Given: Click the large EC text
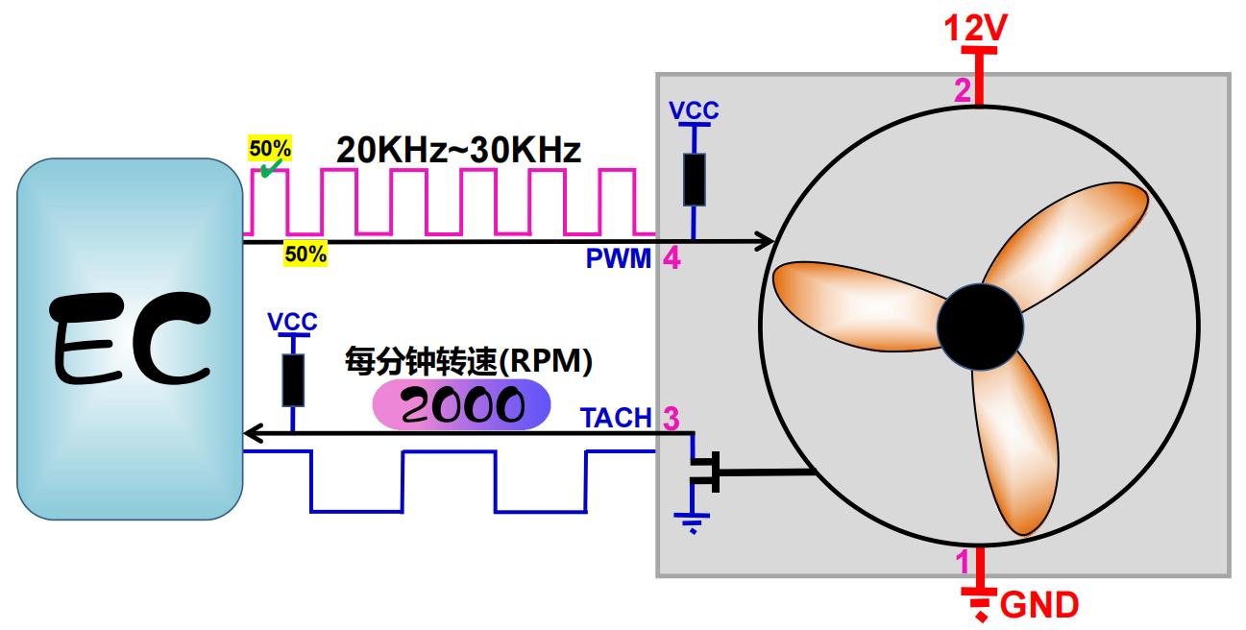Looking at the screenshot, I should pyautogui.click(x=129, y=338).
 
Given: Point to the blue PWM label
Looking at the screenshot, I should pyautogui.click(x=619, y=258).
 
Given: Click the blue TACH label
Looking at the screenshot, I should pyautogui.click(x=616, y=419).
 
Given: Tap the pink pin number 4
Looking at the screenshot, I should pyautogui.click(x=672, y=258).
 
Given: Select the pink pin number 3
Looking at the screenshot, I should pyautogui.click(x=672, y=419).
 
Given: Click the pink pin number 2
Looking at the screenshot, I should pyautogui.click(x=963, y=91).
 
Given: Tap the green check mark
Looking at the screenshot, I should pyautogui.click(x=271, y=167).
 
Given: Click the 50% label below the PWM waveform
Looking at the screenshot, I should pyautogui.click(x=304, y=254).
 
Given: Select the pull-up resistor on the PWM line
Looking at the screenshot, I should pyautogui.click(x=694, y=179).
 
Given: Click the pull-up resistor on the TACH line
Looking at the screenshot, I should pyautogui.click(x=292, y=379).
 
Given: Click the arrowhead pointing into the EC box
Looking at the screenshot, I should pyautogui.click(x=253, y=433).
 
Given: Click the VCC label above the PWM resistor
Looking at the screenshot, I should pyautogui.click(x=694, y=109).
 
